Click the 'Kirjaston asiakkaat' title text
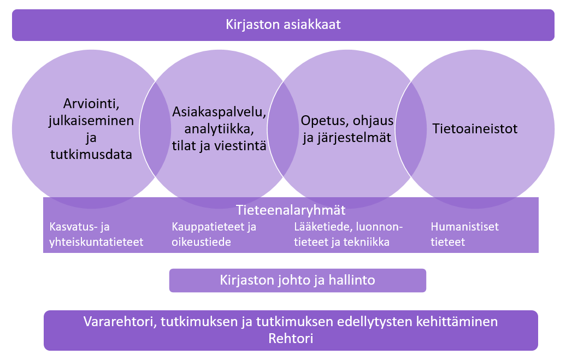pyautogui.click(x=283, y=25)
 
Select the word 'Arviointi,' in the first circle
pyautogui.click(x=91, y=104)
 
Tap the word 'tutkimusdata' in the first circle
pyautogui.click(x=91, y=154)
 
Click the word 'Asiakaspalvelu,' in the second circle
pyautogui.click(x=219, y=112)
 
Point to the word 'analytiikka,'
pyautogui.click(x=219, y=129)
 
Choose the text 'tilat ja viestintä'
pyautogui.click(x=219, y=146)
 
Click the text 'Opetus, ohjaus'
pyautogui.click(x=347, y=121)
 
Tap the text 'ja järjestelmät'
pyautogui.click(x=347, y=138)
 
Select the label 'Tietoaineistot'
pyautogui.click(x=475, y=129)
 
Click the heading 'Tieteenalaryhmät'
pyautogui.click(x=291, y=210)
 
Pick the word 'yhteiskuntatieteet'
pyautogui.click(x=96, y=242)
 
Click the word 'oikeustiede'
pyautogui.click(x=202, y=242)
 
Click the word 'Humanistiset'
pyautogui.click(x=464, y=227)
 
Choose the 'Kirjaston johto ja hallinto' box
pyautogui.click(x=297, y=280)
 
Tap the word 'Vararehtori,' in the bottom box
pyautogui.click(x=120, y=321)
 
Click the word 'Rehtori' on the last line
pyautogui.click(x=291, y=338)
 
